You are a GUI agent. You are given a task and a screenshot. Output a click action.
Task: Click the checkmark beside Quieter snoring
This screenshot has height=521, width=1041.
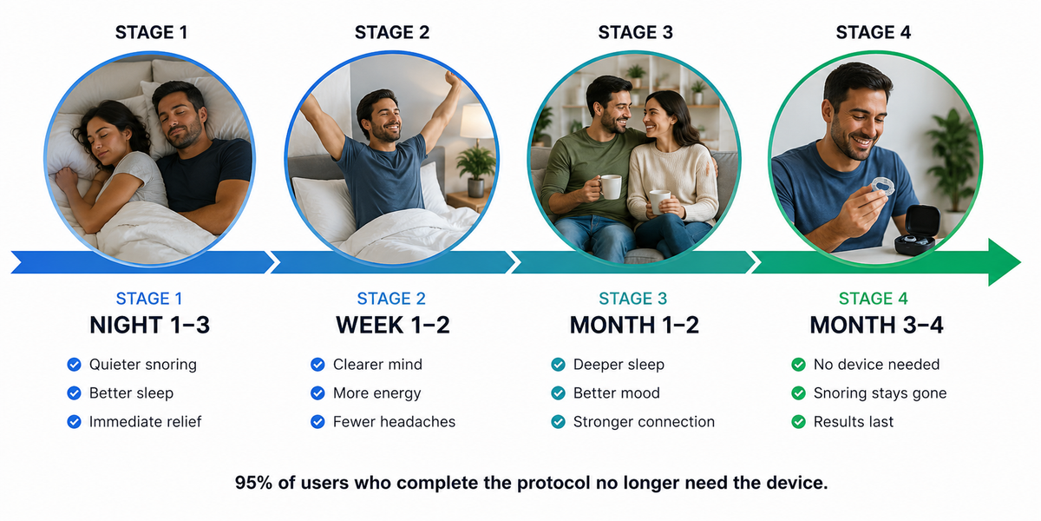coord(74,364)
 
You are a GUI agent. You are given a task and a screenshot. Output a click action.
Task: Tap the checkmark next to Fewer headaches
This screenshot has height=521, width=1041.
coord(318,421)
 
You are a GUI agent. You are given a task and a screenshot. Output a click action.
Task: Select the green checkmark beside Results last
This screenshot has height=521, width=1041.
coord(798,421)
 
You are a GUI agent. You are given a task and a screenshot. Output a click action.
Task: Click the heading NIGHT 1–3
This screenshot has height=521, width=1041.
coord(149,325)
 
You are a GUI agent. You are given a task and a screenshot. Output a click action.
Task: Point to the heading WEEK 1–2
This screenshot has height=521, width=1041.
coord(393,325)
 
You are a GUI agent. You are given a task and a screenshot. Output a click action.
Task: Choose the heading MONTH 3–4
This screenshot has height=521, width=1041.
coord(876,325)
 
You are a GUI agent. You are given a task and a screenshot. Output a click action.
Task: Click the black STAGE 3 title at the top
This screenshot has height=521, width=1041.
coord(635,33)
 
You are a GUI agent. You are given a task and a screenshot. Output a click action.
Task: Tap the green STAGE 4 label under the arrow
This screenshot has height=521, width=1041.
coord(874,298)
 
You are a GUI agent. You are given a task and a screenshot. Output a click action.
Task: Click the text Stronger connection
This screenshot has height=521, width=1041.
coord(644,421)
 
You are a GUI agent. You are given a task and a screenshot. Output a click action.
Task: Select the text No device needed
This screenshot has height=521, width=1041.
coord(876,364)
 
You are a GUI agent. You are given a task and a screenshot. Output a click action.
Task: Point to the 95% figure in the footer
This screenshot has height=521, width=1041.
coord(253,483)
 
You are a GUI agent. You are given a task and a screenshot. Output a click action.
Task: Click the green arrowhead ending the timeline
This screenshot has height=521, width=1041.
coord(1004,262)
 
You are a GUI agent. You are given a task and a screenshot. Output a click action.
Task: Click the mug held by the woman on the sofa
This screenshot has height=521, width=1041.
coord(659,201)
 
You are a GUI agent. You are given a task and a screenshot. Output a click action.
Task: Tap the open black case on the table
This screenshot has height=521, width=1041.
coord(916,230)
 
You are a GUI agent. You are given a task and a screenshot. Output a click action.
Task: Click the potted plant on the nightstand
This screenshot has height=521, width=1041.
coord(475,170)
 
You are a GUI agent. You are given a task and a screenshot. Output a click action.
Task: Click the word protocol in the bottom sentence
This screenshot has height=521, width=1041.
coord(553,483)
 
